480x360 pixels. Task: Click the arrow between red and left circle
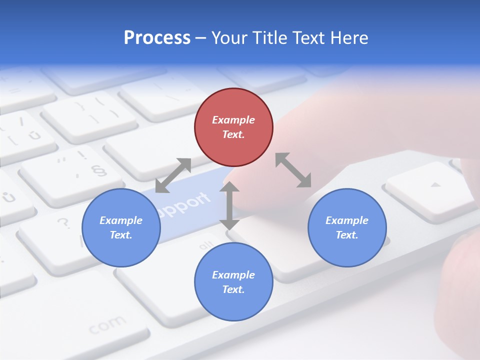(173, 175)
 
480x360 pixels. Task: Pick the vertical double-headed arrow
(229, 205)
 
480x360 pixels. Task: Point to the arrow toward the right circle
(293, 170)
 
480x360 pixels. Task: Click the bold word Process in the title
(157, 37)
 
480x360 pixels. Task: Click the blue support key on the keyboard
(185, 205)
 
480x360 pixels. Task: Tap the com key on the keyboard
(107, 325)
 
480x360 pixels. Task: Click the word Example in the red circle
(233, 120)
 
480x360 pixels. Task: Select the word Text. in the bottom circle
(233, 289)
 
